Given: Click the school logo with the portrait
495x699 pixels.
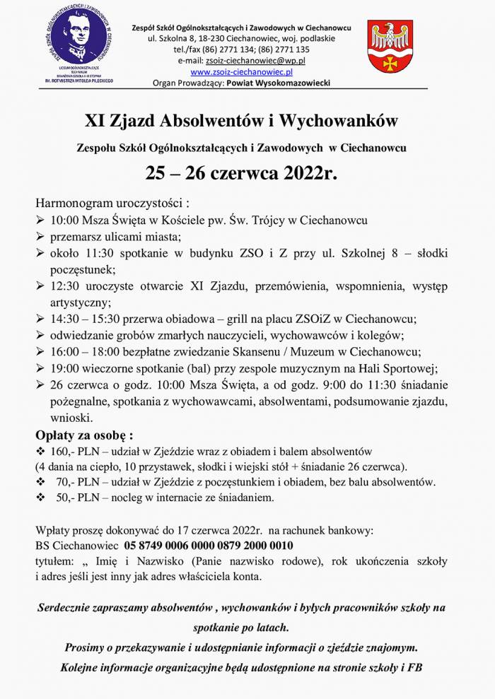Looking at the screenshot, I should point(78,44).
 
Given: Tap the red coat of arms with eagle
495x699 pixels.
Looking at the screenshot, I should point(390,46).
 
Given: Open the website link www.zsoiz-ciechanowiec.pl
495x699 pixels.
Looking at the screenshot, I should point(242,72).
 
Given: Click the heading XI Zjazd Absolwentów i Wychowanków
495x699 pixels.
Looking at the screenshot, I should point(241,121).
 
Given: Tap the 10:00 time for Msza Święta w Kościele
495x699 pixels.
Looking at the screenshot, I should point(64,221).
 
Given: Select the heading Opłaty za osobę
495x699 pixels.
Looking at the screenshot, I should point(84,434).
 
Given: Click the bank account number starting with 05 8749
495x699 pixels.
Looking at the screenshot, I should point(209,546).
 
